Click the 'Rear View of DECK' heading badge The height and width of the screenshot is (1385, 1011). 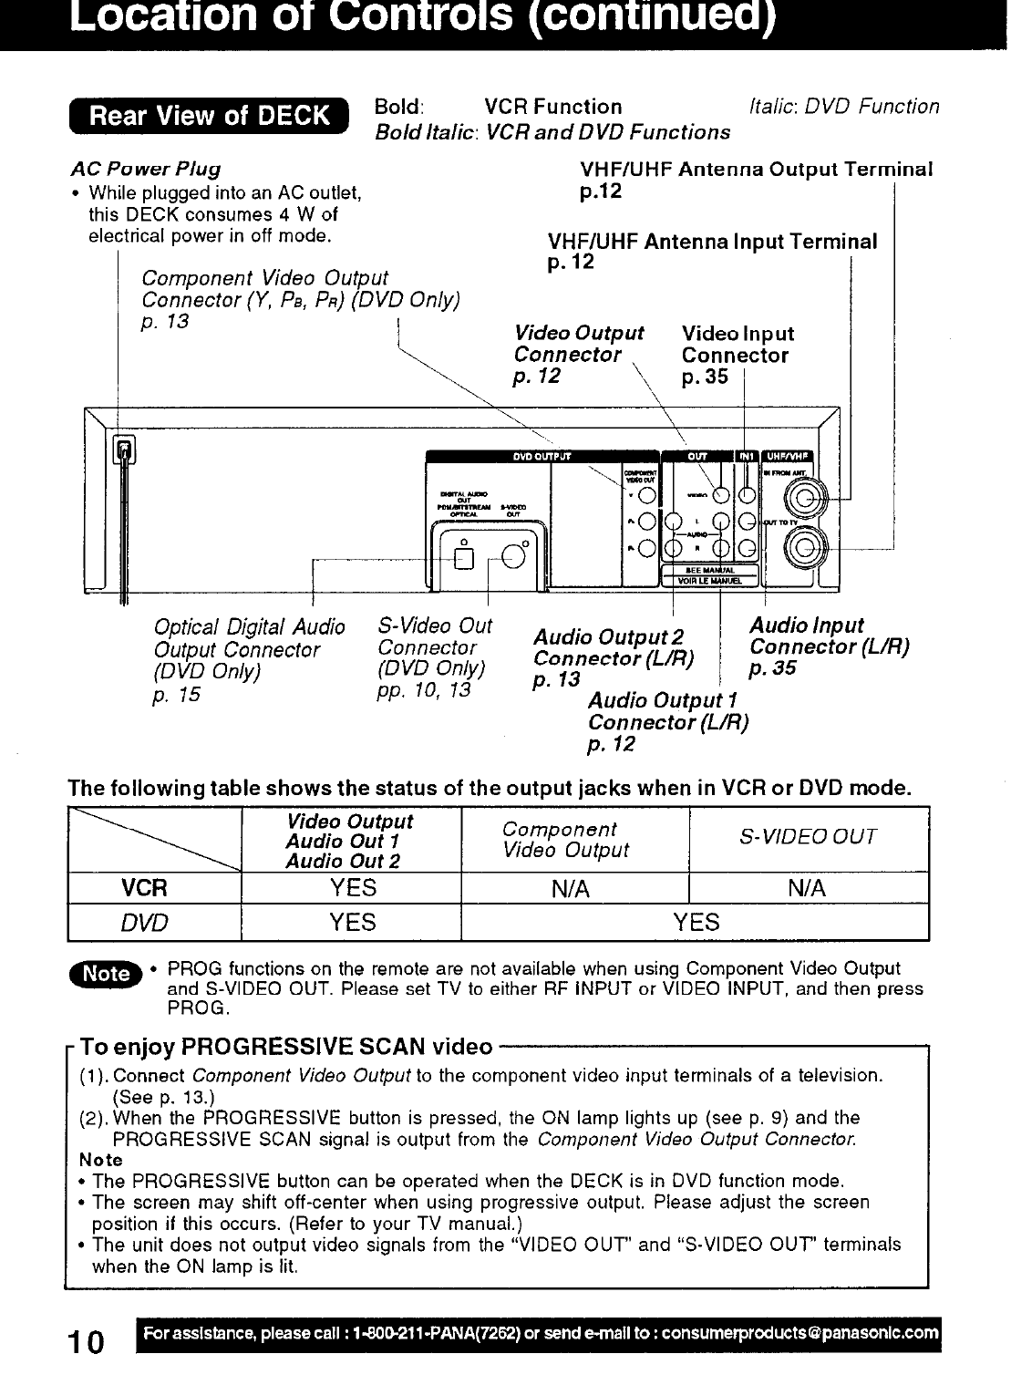click(209, 116)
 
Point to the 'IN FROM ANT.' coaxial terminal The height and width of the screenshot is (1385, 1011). click(807, 498)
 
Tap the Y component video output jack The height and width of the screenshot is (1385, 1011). click(646, 495)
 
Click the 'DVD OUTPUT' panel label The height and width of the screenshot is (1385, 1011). click(542, 457)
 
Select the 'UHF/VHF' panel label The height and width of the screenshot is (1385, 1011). click(789, 457)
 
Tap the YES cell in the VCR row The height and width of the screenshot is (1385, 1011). click(353, 888)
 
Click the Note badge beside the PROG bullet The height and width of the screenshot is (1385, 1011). click(106, 974)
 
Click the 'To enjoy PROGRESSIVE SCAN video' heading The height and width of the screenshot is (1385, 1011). click(286, 1047)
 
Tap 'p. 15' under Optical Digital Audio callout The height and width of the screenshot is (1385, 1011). click(176, 696)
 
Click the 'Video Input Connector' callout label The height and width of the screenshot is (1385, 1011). click(737, 345)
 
